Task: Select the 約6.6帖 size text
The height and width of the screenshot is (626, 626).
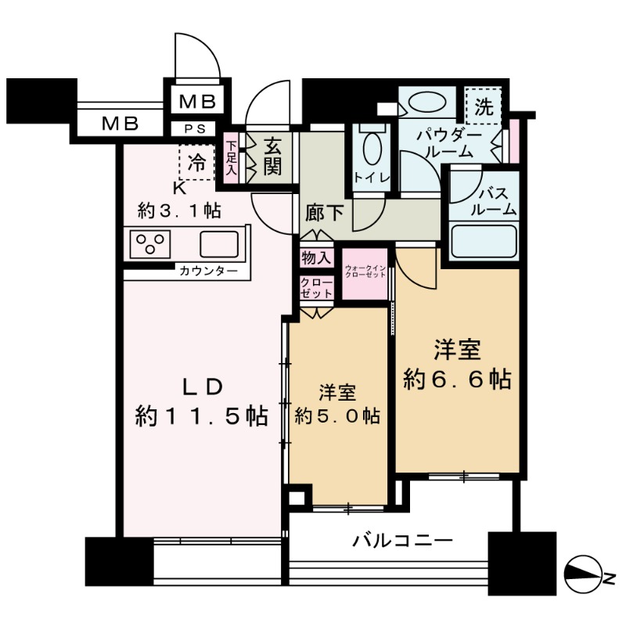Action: click(458, 380)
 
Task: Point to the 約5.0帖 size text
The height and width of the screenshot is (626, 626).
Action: click(338, 416)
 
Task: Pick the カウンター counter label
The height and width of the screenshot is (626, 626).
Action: click(207, 272)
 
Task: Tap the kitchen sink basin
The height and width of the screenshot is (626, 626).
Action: click(219, 244)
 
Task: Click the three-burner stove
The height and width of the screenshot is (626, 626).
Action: click(149, 244)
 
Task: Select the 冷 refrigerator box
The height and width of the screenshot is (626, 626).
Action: click(198, 164)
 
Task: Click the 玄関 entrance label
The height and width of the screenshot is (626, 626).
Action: click(272, 156)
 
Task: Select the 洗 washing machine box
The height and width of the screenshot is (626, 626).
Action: click(484, 107)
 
